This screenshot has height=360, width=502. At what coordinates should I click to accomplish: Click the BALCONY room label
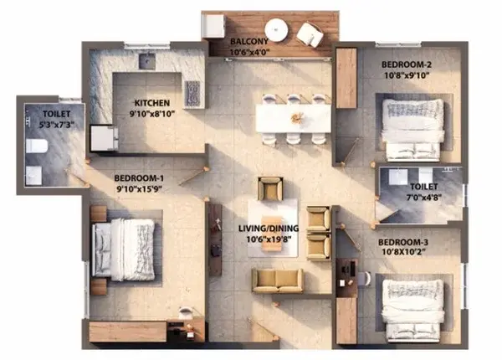(249, 41)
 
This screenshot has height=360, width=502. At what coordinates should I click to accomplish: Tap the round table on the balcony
(276, 30)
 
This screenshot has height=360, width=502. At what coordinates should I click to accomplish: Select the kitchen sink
(147, 61)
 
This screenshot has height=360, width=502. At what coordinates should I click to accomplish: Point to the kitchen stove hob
(192, 93)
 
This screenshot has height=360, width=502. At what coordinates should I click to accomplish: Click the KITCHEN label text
(152, 103)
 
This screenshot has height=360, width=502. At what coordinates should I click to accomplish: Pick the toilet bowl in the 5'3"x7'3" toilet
(37, 146)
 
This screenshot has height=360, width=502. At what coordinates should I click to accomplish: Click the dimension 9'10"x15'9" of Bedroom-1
(139, 189)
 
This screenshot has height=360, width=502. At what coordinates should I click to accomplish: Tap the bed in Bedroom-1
(124, 249)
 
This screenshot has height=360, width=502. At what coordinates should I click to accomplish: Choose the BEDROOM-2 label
(407, 64)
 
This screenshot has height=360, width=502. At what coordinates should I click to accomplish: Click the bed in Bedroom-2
(413, 130)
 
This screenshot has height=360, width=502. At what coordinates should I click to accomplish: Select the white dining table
(294, 119)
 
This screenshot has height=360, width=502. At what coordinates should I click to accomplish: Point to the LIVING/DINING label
(269, 229)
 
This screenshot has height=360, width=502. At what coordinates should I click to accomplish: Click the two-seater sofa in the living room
(277, 280)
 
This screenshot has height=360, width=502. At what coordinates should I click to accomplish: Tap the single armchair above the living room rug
(270, 188)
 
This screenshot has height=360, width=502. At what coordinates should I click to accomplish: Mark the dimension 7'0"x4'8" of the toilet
(424, 198)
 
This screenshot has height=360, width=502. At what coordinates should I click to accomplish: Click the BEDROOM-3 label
(403, 243)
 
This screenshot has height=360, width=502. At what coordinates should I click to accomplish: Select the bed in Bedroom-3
(413, 310)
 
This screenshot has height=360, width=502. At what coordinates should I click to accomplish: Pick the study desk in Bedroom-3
(346, 278)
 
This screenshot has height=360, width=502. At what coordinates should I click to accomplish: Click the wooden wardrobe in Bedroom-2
(346, 78)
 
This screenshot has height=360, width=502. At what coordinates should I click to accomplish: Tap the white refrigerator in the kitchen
(103, 138)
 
